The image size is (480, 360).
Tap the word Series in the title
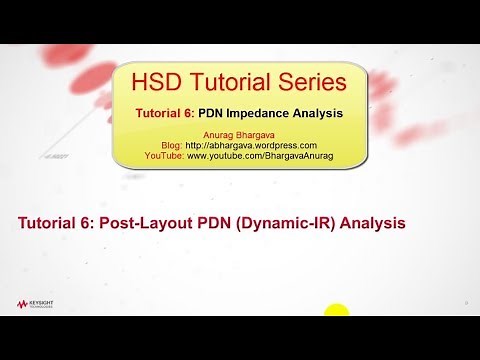pyautogui.click(x=309, y=79)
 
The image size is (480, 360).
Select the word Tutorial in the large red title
pyautogui.click(x=232, y=79)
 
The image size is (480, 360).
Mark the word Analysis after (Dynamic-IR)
pyautogui.click(x=372, y=223)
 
